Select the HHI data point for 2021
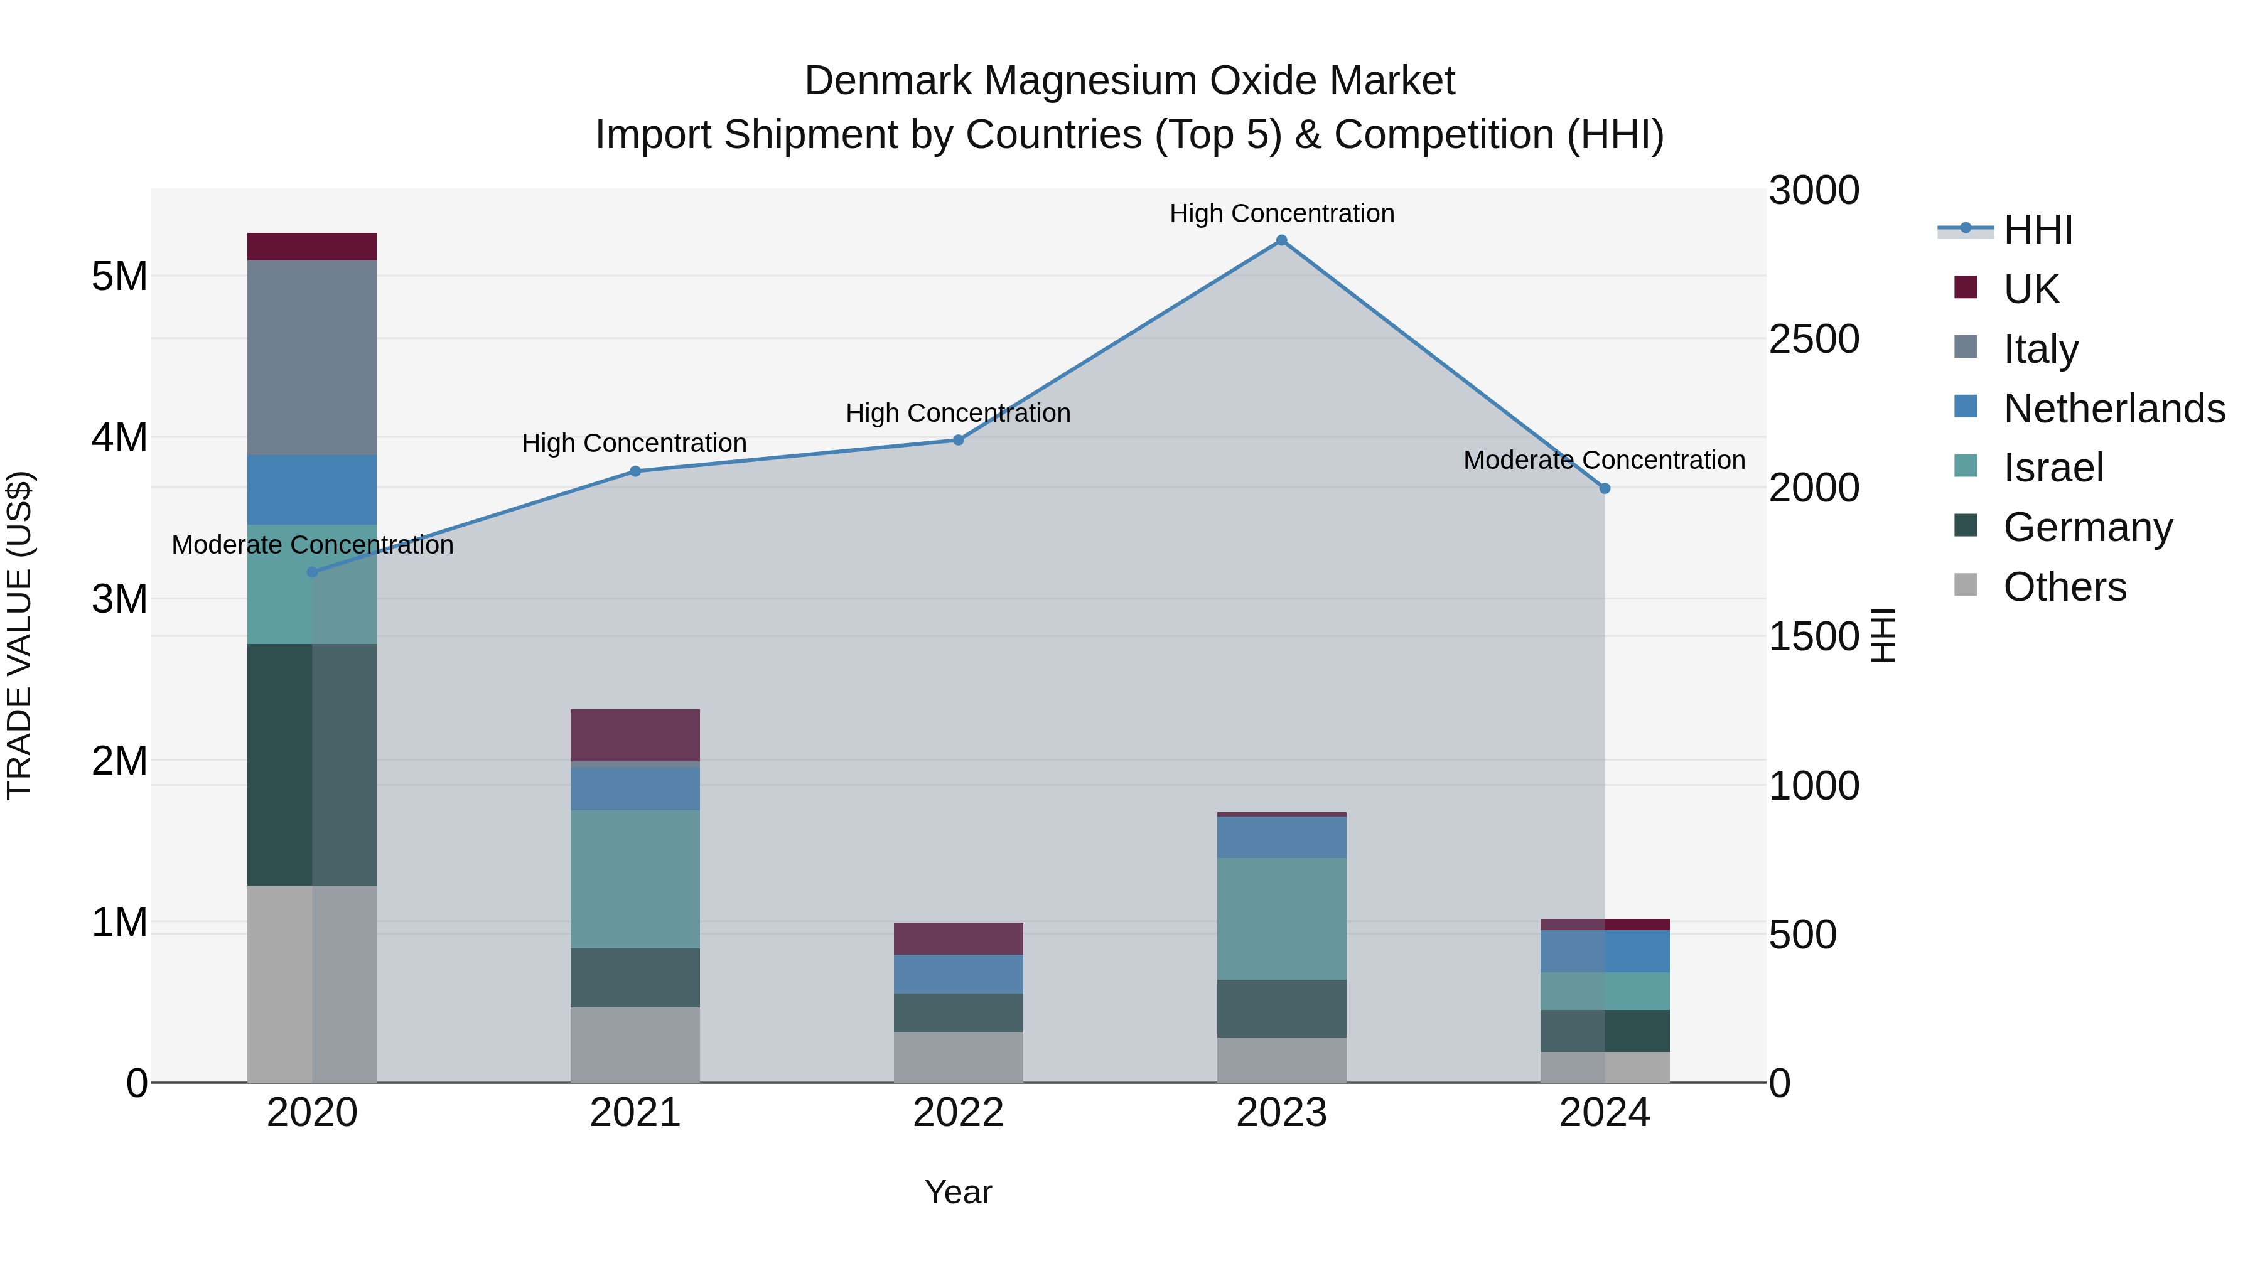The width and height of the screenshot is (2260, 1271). coord(635,471)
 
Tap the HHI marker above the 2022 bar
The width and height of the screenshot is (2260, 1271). coord(958,441)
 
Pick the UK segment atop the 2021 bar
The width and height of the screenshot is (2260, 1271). coord(635,735)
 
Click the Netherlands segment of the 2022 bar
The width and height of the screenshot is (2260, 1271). coord(958,973)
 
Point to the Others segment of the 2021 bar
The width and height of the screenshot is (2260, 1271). coord(635,1044)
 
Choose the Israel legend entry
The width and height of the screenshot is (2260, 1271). coord(2053,468)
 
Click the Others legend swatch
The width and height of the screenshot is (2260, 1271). coord(1966,585)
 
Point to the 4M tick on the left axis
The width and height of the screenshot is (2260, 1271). coord(119,437)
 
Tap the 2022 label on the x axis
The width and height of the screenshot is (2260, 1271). coord(958,1113)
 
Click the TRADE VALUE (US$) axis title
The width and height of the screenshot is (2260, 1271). coord(19,635)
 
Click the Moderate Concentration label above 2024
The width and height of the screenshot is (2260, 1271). coord(1604,461)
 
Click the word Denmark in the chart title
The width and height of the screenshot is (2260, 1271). coord(887,81)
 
